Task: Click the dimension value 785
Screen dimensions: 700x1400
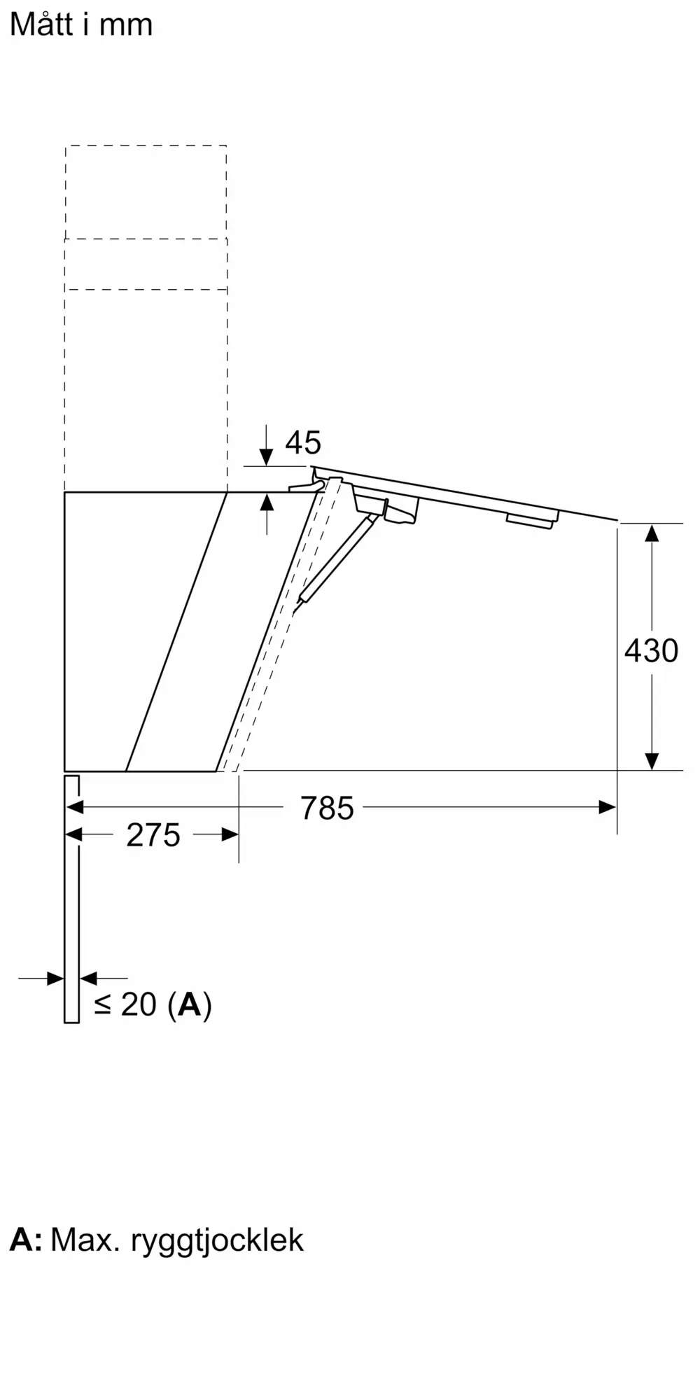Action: pos(327,808)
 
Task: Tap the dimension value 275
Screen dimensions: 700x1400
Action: pos(153,835)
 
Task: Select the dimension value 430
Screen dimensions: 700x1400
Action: pos(651,651)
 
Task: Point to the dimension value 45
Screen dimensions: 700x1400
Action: pos(303,442)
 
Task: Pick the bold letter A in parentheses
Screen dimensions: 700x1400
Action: pos(190,1005)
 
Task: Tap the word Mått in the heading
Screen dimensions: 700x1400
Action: pos(41,24)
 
